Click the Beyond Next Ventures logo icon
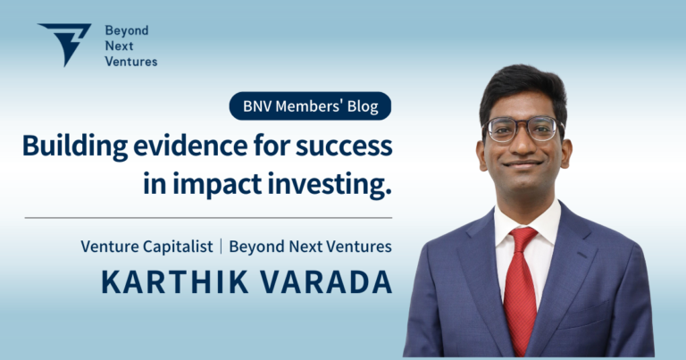64,44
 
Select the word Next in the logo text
116,45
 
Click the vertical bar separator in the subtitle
222,246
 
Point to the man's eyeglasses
523,129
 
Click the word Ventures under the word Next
129,61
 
